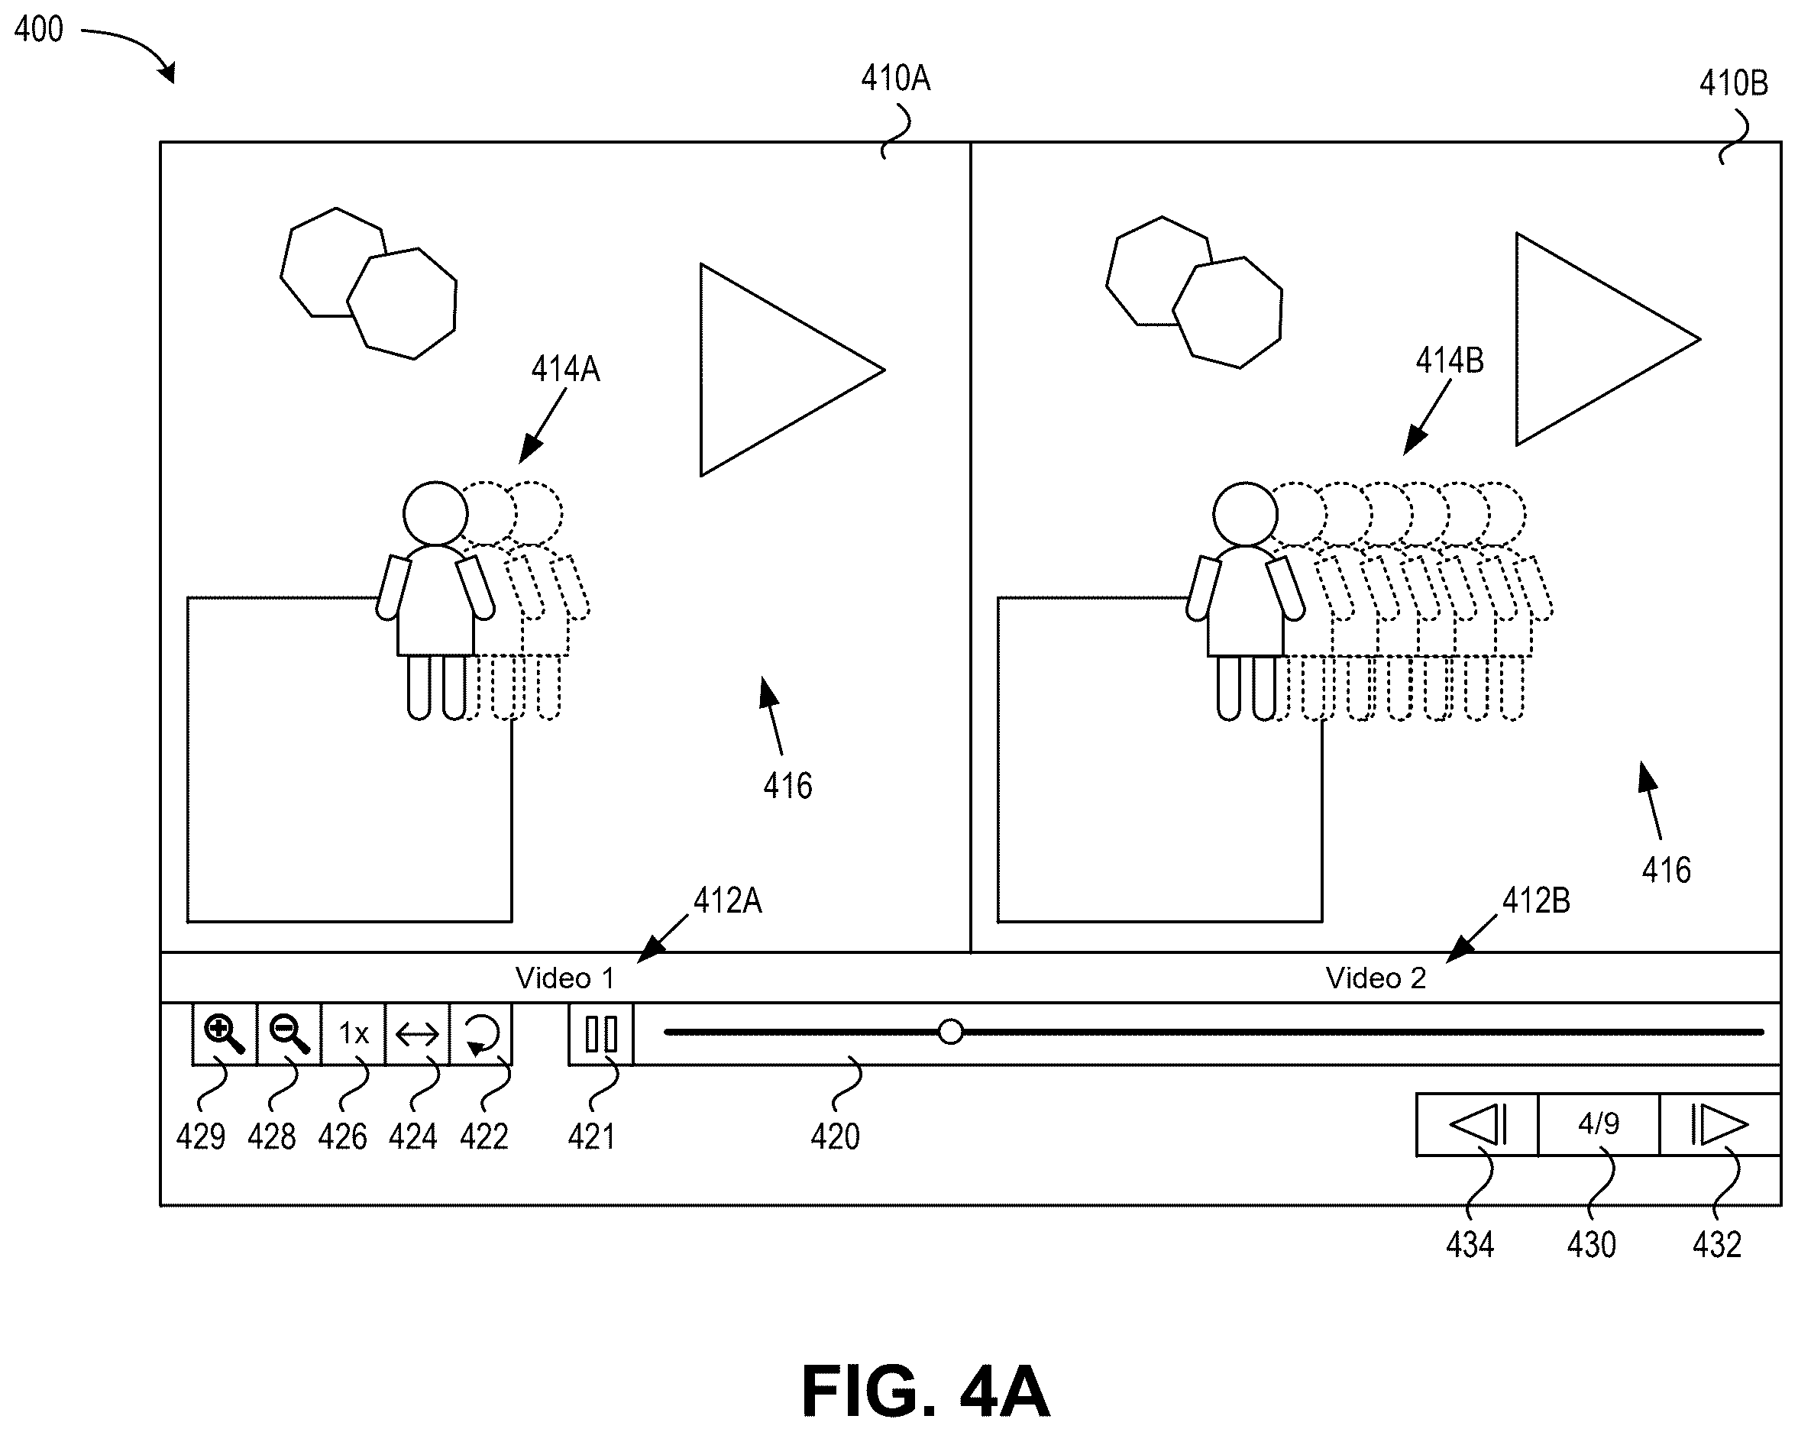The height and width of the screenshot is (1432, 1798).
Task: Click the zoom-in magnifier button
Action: coord(225,1034)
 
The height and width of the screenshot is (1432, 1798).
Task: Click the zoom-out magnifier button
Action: coord(289,1034)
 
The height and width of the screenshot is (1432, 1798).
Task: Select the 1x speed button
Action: coord(354,1034)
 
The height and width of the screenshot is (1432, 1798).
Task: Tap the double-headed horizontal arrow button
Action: coord(417,1034)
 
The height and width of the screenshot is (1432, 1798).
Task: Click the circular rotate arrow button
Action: coord(481,1034)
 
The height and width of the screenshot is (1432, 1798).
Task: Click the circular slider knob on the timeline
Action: coord(951,1032)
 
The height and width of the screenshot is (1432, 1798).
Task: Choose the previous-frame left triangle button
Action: coord(1477,1124)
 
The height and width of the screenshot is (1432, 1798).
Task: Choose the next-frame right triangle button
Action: coord(1719,1124)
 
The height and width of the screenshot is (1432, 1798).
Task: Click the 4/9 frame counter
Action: coord(1599,1124)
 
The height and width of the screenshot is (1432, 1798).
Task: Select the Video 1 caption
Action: coord(564,978)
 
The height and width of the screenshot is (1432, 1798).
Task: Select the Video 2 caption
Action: coord(1376,978)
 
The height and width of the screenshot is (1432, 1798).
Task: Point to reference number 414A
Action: coord(565,369)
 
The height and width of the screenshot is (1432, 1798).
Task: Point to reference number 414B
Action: coord(1450,360)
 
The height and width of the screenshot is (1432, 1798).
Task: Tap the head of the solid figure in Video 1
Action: coord(435,514)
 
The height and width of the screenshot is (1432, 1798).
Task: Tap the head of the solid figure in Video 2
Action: coord(1245,514)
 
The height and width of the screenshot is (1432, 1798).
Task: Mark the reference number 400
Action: coord(38,29)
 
